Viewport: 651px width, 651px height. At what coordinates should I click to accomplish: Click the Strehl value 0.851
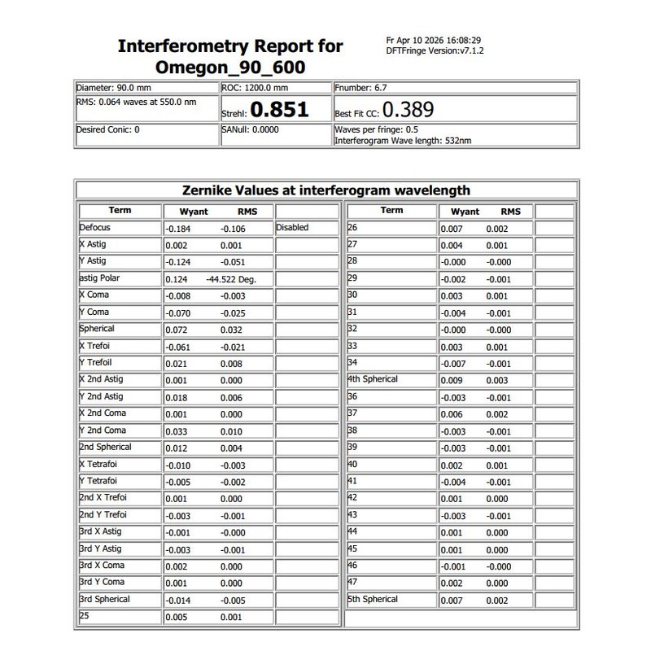(278, 110)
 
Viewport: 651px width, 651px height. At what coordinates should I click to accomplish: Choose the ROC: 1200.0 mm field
(255, 87)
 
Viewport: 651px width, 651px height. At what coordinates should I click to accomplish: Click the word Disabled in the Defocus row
(292, 228)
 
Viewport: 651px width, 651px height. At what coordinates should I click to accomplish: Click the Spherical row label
(97, 329)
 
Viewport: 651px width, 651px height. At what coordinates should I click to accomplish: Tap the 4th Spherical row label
(373, 379)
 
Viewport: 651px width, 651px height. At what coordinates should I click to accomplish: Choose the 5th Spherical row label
(373, 599)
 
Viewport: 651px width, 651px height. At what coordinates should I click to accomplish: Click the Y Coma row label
(94, 312)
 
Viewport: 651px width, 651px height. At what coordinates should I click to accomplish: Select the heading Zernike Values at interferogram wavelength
(327, 190)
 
